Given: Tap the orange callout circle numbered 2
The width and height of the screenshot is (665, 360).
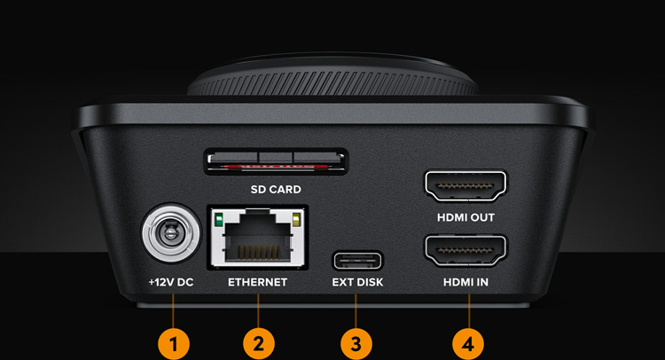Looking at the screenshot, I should (x=258, y=343).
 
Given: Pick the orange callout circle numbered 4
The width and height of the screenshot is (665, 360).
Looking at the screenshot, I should (x=467, y=343).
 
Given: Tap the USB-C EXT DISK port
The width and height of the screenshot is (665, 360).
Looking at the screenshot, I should (x=357, y=261).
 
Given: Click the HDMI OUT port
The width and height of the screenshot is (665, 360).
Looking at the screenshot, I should (x=466, y=187).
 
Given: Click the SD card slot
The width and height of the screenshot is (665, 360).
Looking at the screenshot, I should (x=275, y=162).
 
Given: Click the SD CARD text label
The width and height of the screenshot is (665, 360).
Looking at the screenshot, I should (x=275, y=190).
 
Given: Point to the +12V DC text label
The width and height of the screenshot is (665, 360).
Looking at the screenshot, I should (x=169, y=283).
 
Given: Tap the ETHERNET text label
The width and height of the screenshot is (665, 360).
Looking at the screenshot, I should (x=258, y=283).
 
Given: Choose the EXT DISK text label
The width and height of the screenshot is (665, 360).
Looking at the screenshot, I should (x=357, y=283).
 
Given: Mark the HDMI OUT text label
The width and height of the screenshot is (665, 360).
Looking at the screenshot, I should (x=466, y=217).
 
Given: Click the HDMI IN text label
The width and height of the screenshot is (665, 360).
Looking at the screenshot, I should (x=466, y=283).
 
